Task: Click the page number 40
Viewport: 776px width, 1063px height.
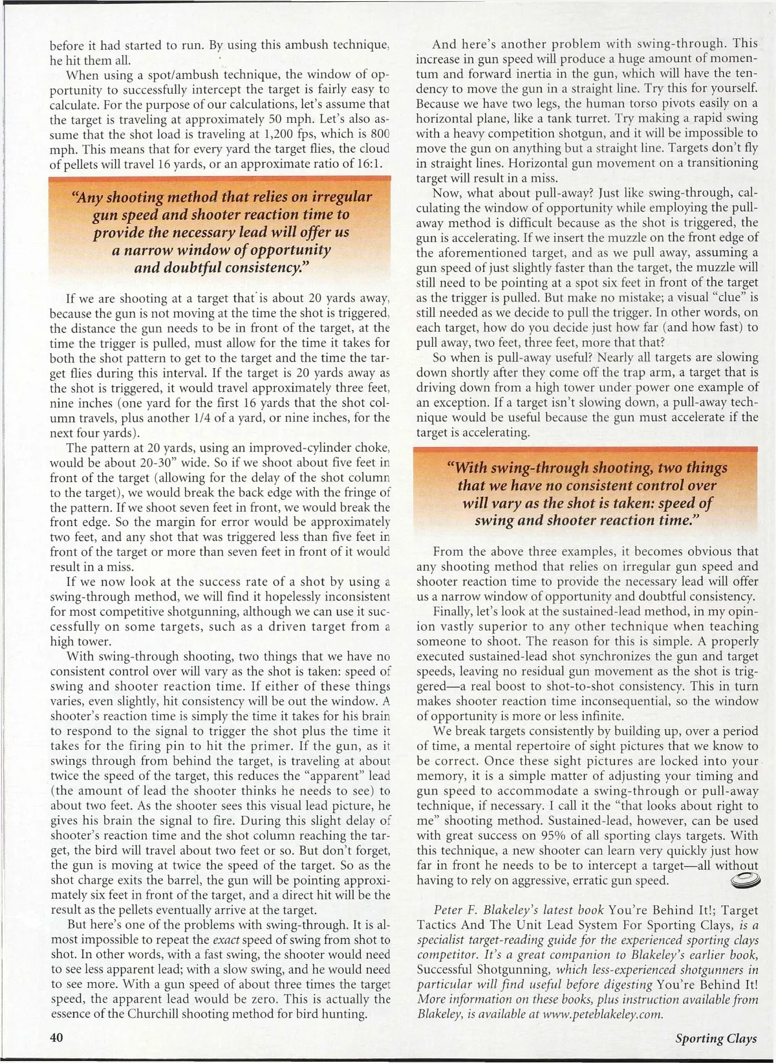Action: (56, 1037)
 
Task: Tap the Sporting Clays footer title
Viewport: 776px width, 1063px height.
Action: (715, 1038)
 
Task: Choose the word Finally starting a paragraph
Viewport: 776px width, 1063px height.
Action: (453, 611)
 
